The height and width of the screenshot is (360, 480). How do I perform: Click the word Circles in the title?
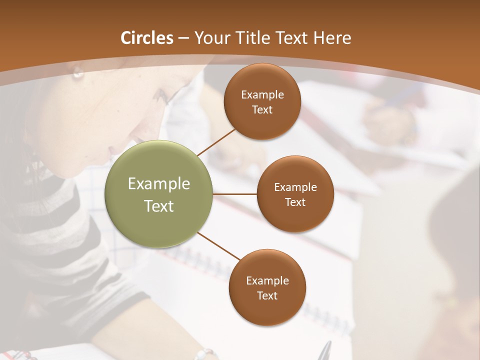click(147, 38)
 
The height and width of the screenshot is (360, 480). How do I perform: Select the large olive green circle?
click(159, 194)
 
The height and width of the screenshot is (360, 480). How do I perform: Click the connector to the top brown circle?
click(216, 141)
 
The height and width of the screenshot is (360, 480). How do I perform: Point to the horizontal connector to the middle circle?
click(235, 194)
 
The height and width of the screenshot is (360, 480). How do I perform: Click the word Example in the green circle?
click(159, 184)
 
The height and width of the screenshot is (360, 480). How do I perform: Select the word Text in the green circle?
click(159, 205)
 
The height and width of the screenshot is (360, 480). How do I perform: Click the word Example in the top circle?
click(262, 95)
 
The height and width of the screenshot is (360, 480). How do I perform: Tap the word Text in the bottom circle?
click(267, 295)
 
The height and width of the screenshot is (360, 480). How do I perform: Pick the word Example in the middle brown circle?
click(295, 187)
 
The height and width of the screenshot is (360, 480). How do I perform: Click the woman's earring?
click(77, 74)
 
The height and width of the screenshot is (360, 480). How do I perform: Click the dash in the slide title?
click(183, 38)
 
